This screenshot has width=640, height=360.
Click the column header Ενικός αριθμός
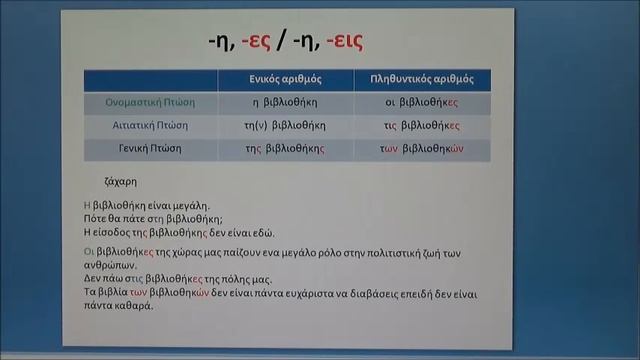[x=285, y=78]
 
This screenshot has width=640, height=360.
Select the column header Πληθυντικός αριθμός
[x=421, y=78]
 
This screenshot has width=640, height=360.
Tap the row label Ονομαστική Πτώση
[x=150, y=102]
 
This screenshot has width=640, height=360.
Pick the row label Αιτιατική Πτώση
[x=150, y=126]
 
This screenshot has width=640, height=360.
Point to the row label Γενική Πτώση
[x=150, y=150]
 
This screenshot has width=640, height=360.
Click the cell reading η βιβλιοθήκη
[x=285, y=102]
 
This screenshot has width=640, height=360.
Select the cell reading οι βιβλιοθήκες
[x=421, y=102]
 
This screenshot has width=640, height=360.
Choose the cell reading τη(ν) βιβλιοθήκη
[x=285, y=126]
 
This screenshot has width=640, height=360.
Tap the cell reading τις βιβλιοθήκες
[x=421, y=126]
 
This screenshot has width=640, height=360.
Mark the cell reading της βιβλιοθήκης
[x=285, y=150]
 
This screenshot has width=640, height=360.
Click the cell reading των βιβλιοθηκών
[x=421, y=150]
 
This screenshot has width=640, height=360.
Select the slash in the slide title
[x=284, y=42]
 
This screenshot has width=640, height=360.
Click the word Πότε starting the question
[x=96, y=217]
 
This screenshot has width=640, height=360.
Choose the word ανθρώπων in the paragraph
[x=109, y=265]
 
